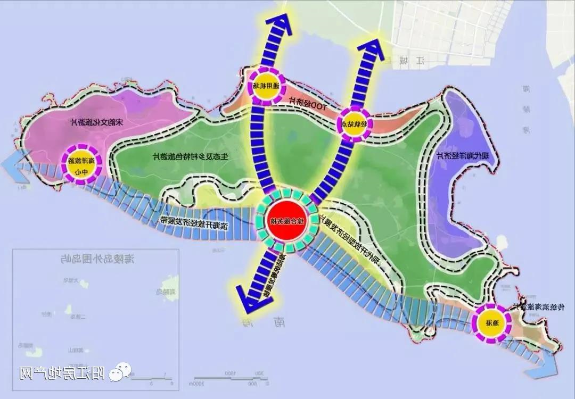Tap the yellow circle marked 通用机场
pos(266,85)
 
